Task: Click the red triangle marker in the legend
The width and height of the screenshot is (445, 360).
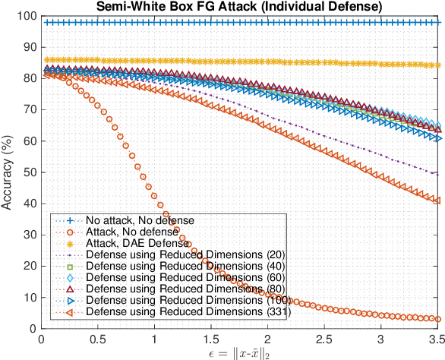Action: pos(68,289)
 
